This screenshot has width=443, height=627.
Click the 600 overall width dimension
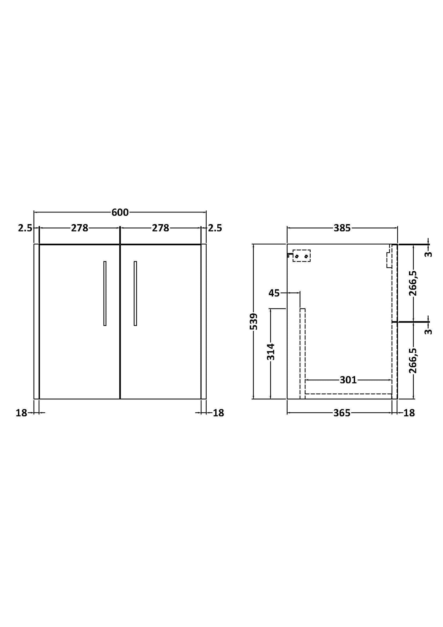point(120,212)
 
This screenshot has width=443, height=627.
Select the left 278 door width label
point(80,228)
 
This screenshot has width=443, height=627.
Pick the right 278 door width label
point(161,228)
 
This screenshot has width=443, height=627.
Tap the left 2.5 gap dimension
point(25,228)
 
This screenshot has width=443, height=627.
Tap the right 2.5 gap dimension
point(215,228)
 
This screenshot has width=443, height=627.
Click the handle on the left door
point(105,293)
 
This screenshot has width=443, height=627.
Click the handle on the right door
point(135,293)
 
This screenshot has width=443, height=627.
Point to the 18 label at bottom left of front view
point(21,413)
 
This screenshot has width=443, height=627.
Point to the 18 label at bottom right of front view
point(218,413)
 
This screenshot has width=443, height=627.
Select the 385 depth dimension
point(342,228)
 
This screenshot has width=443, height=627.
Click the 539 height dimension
point(254,321)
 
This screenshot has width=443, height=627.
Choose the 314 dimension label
point(271,352)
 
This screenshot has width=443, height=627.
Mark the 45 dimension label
point(274,293)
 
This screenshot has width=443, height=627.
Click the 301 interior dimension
point(348,380)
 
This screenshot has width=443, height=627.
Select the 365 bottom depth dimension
point(342,413)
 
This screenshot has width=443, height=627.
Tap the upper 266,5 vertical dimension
point(413,283)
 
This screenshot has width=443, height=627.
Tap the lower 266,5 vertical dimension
point(413,361)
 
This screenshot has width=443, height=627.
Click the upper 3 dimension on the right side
point(429,254)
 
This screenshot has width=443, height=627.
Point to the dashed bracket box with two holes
point(301,256)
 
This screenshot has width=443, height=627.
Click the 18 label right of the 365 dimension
point(409,413)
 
